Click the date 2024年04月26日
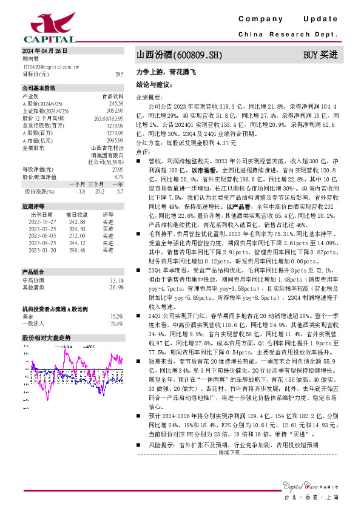[x=42, y=50]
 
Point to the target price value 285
[x=119, y=74]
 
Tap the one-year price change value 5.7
[x=120, y=191]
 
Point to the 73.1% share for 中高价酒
[x=116, y=280]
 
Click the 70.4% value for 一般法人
[x=116, y=323]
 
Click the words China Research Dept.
[x=287, y=35]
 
